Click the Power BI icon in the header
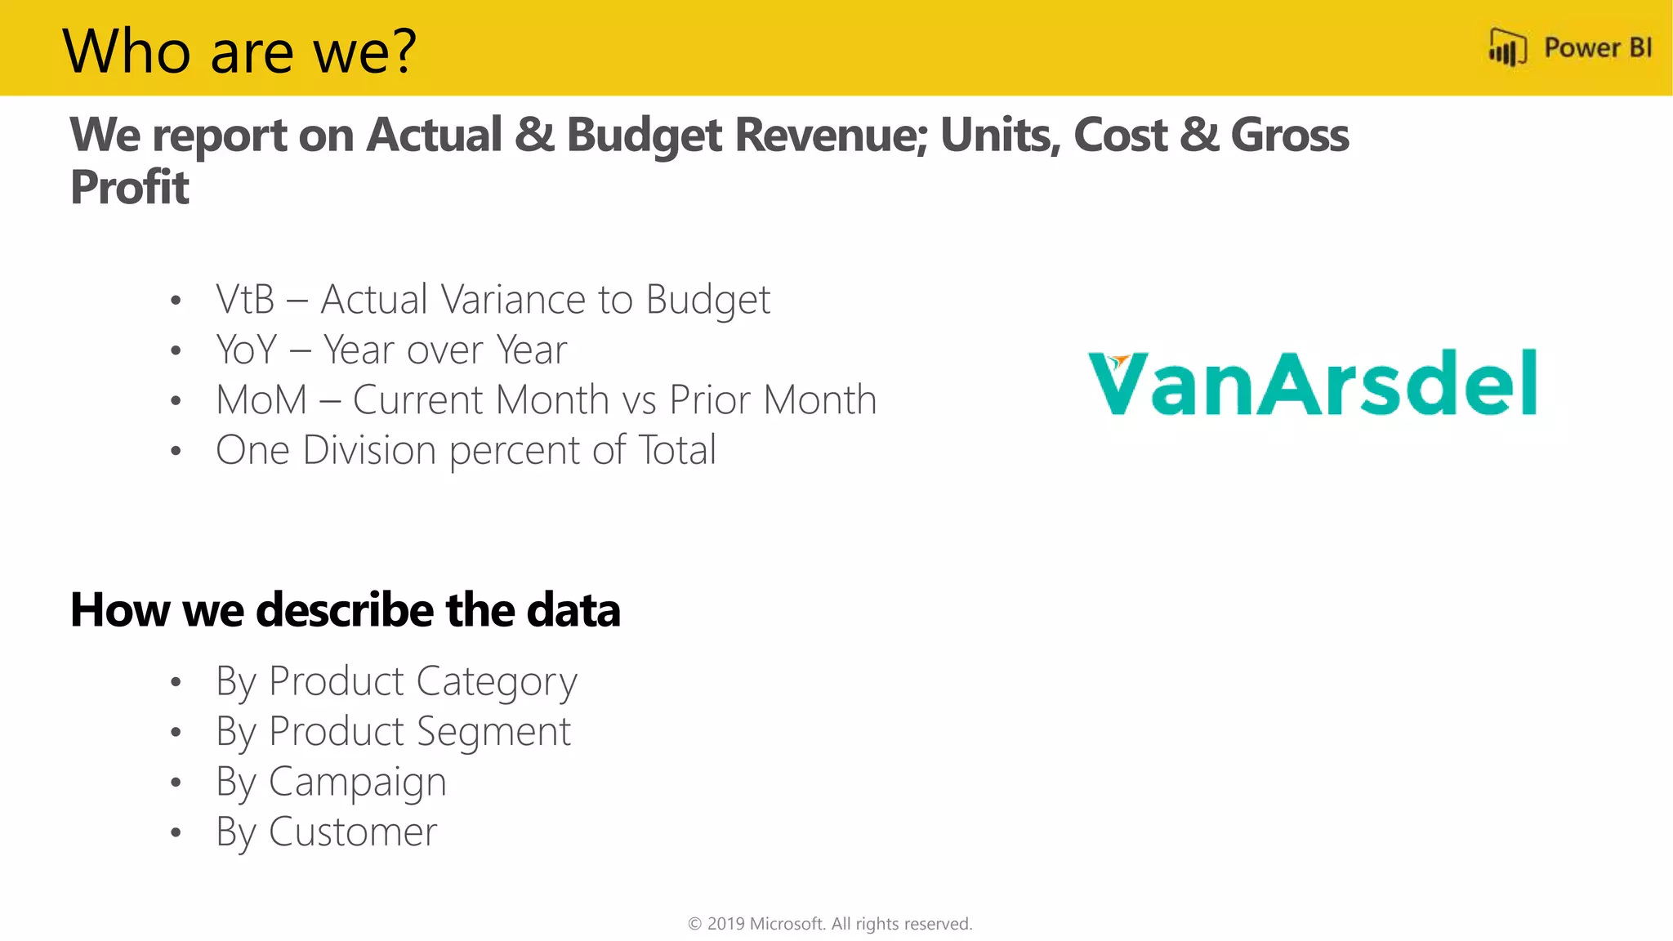[1506, 47]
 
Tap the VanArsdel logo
[1313, 382]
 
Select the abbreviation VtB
[245, 299]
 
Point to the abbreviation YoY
[247, 350]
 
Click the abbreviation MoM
[261, 400]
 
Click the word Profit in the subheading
[130, 187]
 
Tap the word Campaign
[357, 783]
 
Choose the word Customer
[353, 832]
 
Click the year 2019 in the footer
[725, 924]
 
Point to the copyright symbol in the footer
[695, 924]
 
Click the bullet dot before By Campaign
[176, 783]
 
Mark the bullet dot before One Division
[176, 451]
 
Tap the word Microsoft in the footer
[787, 924]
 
